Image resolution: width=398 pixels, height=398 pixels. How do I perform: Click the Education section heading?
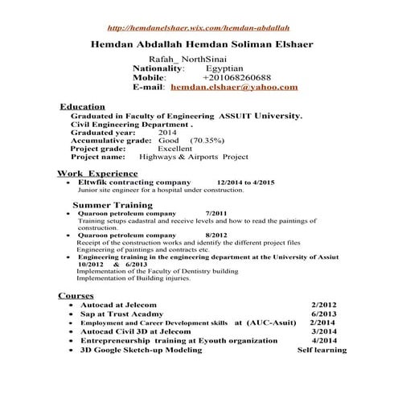[x=83, y=106]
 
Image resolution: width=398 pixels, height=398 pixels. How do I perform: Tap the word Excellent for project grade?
[x=174, y=149]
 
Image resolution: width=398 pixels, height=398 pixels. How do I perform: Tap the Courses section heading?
[x=76, y=295]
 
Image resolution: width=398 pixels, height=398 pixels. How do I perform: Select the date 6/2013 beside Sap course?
[x=322, y=314]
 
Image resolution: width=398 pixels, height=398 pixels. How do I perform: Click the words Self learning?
[x=322, y=351]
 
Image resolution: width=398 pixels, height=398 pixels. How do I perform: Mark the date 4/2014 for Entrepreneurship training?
[x=322, y=341]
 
